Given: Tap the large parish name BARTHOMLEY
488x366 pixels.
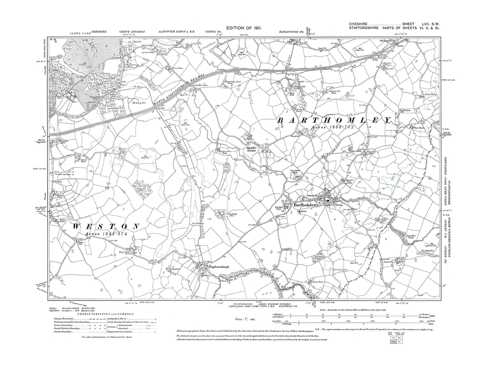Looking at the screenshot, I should [x=335, y=121].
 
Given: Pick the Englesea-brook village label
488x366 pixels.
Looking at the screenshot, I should [x=219, y=267].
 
